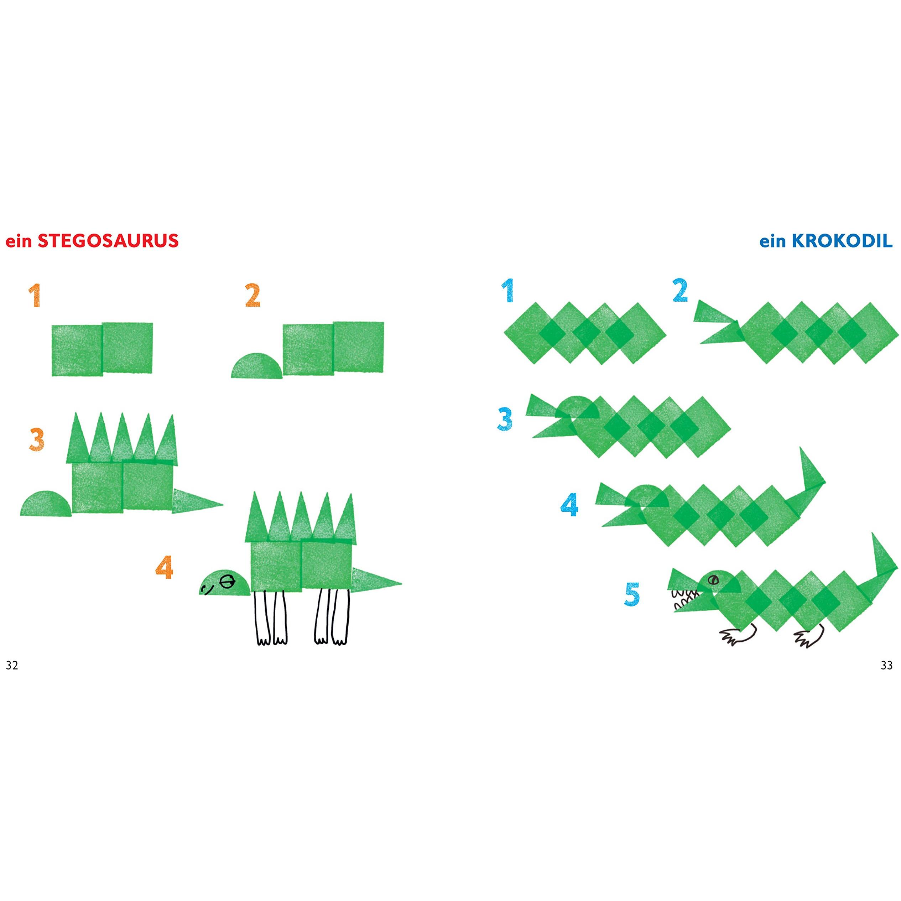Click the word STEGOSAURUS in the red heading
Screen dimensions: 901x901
(108, 241)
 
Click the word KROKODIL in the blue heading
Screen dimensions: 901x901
(842, 241)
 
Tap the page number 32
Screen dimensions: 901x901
(12, 666)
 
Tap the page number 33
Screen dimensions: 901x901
(886, 666)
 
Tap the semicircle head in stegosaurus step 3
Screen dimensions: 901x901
(46, 503)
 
